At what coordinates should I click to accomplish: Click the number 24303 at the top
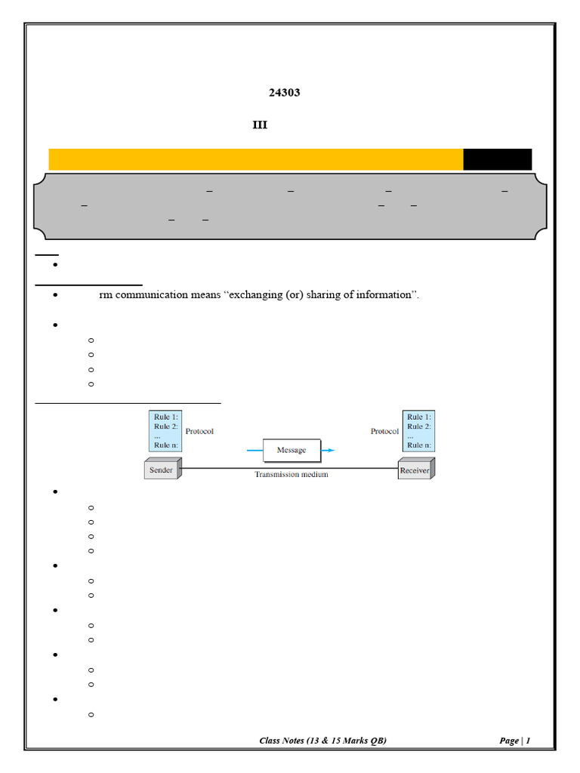(284, 93)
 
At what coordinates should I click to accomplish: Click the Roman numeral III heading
(260, 125)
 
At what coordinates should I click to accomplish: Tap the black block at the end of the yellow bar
(497, 159)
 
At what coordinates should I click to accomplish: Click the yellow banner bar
(256, 159)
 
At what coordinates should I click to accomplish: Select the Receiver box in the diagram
(416, 469)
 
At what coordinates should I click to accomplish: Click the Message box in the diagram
(292, 450)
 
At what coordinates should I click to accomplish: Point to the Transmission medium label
(291, 474)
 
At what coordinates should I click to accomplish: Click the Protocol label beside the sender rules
(199, 431)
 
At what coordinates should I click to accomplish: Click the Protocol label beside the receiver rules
(384, 431)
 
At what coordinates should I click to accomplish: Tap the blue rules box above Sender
(165, 431)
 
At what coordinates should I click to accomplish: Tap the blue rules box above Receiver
(418, 431)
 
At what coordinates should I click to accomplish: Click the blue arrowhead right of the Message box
(331, 450)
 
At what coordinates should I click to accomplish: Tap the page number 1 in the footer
(528, 741)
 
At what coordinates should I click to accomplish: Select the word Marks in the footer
(355, 741)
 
